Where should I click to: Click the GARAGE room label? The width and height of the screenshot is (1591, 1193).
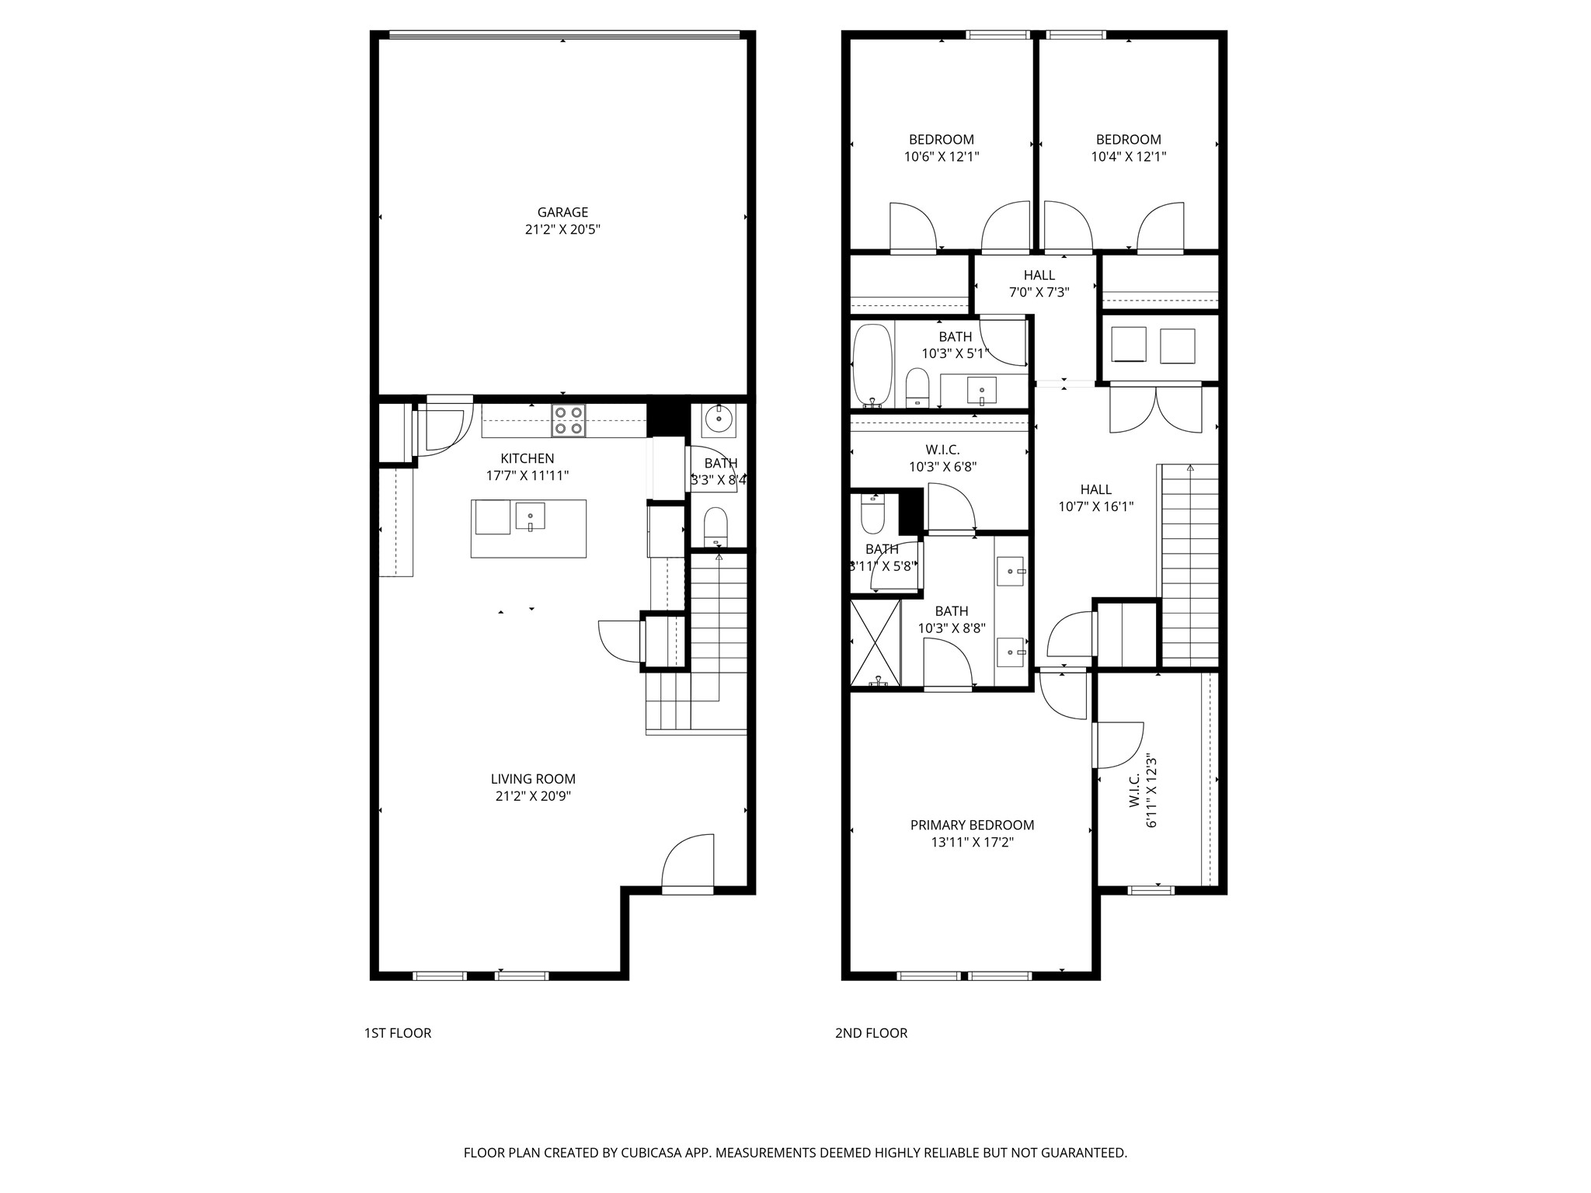pos(562,212)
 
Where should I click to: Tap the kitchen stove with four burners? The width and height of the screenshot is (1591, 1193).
pos(569,420)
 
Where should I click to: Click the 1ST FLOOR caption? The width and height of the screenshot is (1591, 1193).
pos(398,1033)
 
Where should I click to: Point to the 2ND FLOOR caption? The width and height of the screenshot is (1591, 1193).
pos(871,1033)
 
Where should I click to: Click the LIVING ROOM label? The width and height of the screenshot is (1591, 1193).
pos(533,779)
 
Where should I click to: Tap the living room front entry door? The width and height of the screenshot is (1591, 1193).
pos(688,862)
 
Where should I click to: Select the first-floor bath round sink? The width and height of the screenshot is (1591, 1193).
pos(718,420)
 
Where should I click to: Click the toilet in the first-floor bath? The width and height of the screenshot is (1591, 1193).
pos(715,526)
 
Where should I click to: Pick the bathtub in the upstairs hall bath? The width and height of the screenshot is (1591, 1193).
pos(872,365)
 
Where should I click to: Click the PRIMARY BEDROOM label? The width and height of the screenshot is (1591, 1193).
pos(972,825)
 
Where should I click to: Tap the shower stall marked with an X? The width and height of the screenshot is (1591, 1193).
pos(876,642)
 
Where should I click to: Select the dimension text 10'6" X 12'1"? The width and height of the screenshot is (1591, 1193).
pos(942,157)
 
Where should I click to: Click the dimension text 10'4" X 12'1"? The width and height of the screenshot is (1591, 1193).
pos(1129,157)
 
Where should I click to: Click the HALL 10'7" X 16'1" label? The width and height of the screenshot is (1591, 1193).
pos(1095,498)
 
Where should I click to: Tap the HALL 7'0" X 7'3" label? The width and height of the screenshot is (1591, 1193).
pos(1039,283)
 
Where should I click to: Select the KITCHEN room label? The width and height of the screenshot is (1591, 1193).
pos(527,458)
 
